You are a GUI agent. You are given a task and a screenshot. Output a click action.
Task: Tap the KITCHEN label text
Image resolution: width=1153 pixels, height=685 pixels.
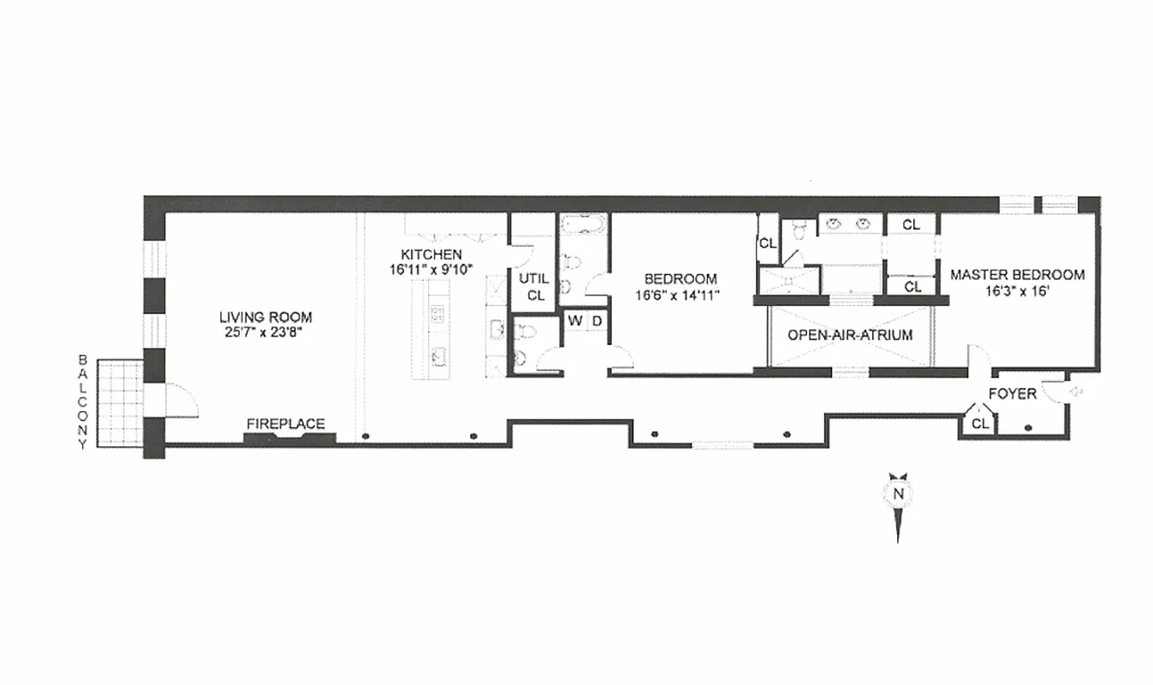coord(432,254)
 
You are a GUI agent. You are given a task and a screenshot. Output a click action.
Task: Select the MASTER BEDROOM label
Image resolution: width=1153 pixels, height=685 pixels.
coord(1018,275)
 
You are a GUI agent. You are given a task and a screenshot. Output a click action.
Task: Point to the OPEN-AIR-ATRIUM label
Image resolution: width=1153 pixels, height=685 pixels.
coord(850,336)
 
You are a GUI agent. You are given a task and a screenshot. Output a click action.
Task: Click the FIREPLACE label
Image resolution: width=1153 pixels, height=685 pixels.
coord(286,424)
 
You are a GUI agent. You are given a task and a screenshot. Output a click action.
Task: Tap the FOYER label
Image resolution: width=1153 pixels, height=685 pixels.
coord(1013,394)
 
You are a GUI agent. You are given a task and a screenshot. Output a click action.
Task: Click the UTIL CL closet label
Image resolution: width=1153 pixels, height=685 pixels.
coord(535,287)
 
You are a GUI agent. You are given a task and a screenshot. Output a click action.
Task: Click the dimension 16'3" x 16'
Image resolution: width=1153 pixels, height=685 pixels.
coord(1018,291)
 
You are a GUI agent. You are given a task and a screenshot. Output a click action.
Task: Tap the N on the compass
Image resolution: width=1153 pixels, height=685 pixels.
coord(898,493)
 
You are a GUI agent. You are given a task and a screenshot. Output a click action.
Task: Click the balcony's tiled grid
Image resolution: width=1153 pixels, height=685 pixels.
coord(119,402)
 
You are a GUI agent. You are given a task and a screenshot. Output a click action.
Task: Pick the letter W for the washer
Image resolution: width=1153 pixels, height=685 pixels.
coord(575,321)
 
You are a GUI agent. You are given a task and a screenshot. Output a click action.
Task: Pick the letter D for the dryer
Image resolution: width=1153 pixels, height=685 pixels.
coord(597,321)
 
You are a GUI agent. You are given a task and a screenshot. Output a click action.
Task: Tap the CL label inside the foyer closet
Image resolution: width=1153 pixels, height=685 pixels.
coord(980,423)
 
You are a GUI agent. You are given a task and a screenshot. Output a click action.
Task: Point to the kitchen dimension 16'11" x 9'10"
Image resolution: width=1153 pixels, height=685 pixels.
coord(432,270)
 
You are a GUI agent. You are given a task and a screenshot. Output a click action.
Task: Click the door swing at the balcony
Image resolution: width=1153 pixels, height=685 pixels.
coord(181,401)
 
